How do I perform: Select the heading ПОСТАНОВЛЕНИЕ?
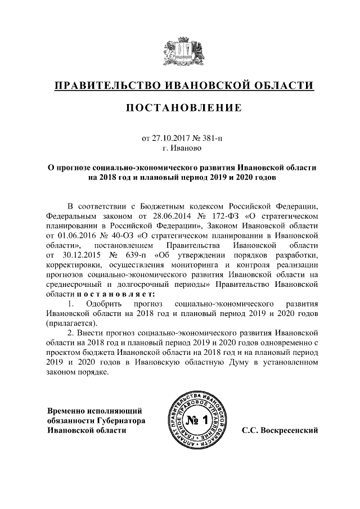pyautogui.click(x=180, y=107)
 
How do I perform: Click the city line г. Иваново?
pyautogui.click(x=180, y=148)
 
